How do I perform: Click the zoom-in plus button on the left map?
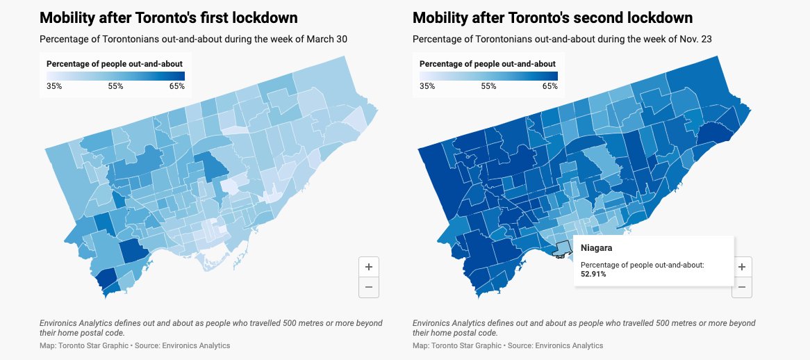[368, 267]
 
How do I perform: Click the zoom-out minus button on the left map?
[368, 287]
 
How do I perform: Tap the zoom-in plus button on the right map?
[742, 267]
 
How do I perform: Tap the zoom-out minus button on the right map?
[742, 287]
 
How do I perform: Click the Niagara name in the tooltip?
[596, 248]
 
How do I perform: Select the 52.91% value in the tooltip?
[595, 275]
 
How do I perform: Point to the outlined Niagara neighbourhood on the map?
[561, 248]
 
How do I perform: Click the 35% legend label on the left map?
[54, 86]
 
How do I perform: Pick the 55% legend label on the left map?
[115, 86]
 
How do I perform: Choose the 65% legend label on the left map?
[176, 86]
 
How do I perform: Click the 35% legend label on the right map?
[427, 86]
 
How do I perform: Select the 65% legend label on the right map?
[549, 86]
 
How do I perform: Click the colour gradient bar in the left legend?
[115, 76]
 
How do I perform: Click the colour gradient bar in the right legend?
[488, 76]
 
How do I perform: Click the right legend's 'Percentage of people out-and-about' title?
[487, 64]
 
